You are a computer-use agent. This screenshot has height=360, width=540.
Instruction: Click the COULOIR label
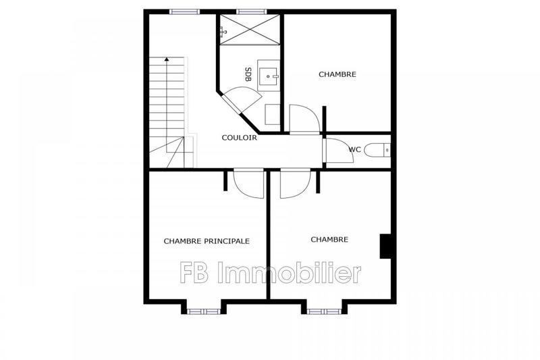click(x=240, y=138)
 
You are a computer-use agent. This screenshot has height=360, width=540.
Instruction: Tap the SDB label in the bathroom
click(x=248, y=74)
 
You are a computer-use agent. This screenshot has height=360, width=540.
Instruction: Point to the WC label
click(x=355, y=149)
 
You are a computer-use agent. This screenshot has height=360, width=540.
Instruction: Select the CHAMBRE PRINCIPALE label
click(x=207, y=240)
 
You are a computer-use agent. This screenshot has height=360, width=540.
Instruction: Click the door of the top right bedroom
click(x=304, y=120)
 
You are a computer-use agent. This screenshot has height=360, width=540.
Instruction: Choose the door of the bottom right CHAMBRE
click(x=294, y=184)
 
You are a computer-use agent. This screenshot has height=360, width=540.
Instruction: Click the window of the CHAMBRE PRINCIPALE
click(x=203, y=311)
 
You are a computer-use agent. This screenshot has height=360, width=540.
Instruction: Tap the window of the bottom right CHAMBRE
click(x=324, y=311)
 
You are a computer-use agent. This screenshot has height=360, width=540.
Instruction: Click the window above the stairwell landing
click(x=184, y=11)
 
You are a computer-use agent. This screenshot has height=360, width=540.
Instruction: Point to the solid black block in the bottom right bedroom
click(x=387, y=246)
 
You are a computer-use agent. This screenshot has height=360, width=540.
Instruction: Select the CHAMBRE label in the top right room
click(x=337, y=74)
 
